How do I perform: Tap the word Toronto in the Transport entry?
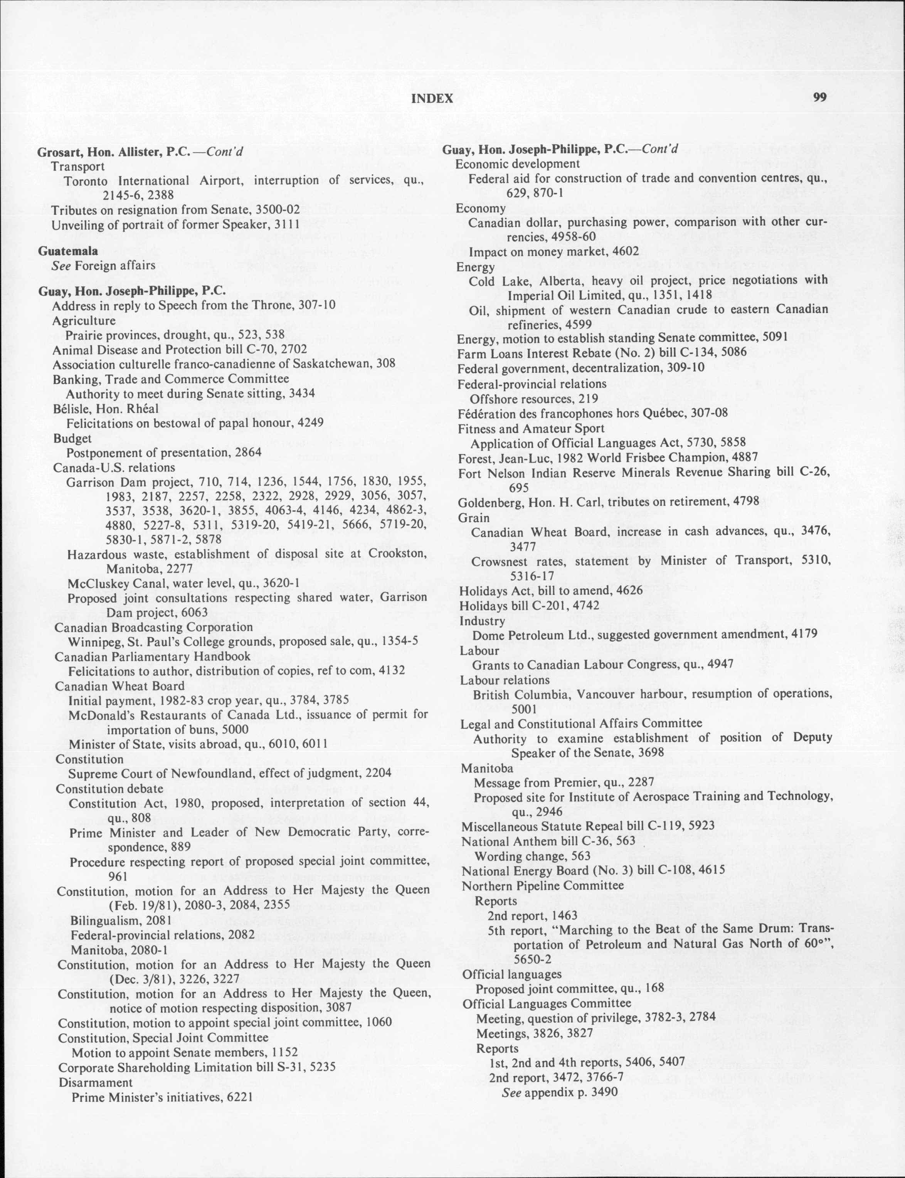(x=87, y=180)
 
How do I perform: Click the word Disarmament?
(x=95, y=1083)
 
